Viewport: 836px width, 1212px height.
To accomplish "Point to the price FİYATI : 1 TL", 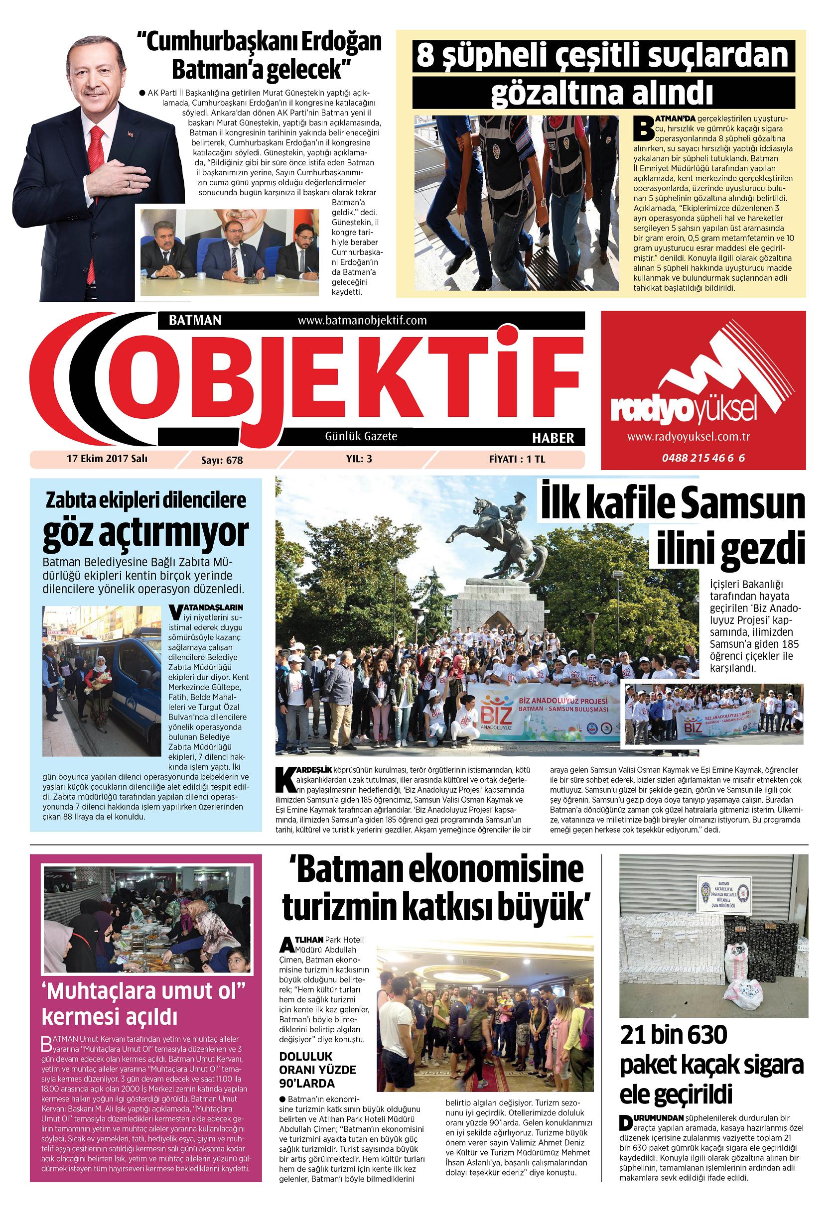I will pos(517,459).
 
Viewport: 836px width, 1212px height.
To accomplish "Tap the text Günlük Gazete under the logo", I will pos(361,436).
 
